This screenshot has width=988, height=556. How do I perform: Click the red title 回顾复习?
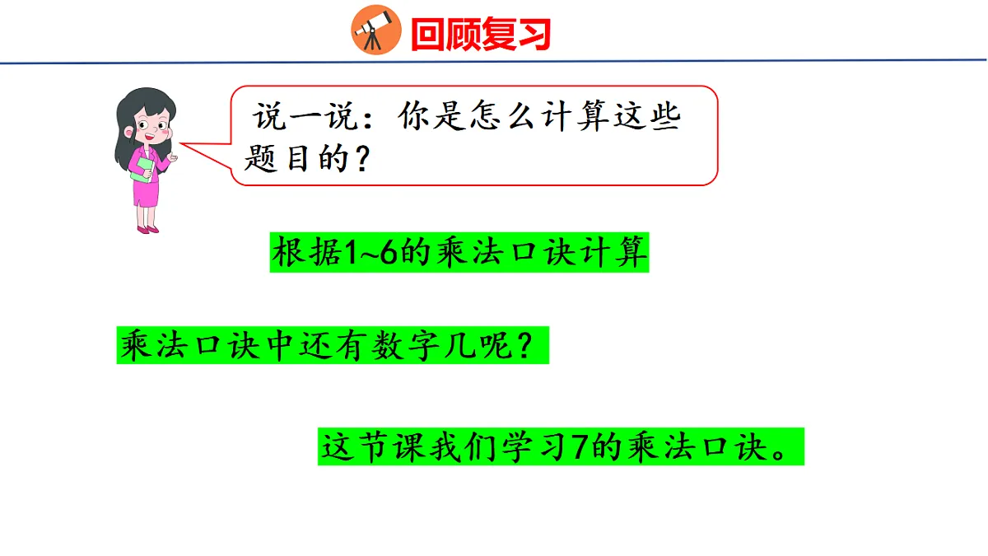pos(479,35)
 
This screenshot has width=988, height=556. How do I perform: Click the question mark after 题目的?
pos(359,158)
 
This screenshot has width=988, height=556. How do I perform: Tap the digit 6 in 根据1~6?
pos(389,254)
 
